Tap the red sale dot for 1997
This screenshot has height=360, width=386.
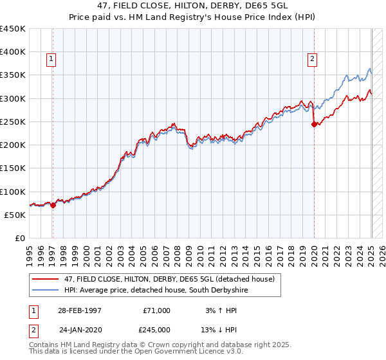[x=53, y=206]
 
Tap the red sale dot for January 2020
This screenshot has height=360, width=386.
[x=314, y=125]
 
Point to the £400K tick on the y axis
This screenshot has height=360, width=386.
[x=13, y=52]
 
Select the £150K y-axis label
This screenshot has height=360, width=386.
[x=13, y=168]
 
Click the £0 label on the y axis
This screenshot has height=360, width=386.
[x=20, y=239]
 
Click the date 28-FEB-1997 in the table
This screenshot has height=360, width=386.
[x=80, y=310]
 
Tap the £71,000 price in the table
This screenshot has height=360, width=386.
[x=157, y=310]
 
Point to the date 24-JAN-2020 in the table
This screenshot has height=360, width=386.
[x=80, y=330]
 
